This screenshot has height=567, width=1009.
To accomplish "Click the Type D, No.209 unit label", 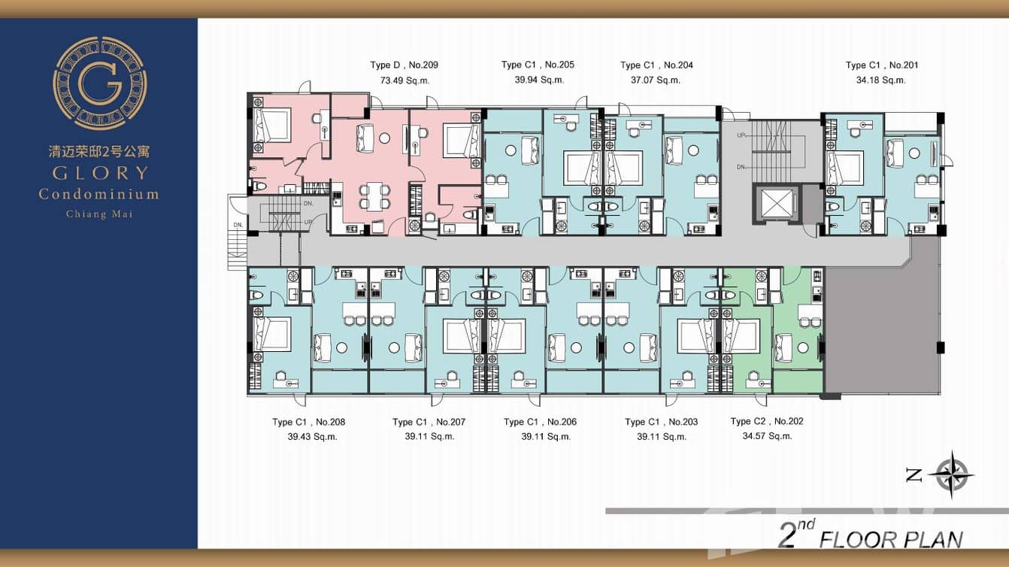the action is [x=404, y=65].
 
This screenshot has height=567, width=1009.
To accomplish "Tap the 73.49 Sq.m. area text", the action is [x=405, y=80].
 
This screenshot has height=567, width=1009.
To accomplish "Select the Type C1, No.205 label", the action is [x=538, y=65].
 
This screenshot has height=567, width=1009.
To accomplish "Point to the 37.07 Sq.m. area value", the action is [x=656, y=80].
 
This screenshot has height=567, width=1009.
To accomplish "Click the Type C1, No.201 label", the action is [x=882, y=65].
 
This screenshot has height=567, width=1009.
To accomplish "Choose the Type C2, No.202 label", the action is [x=767, y=421].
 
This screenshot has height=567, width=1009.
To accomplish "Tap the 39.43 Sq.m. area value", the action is [x=312, y=436].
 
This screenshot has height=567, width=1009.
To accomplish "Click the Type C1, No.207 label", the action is [x=429, y=422].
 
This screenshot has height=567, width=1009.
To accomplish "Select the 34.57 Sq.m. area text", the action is [x=767, y=436].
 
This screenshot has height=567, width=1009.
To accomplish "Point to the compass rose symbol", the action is [x=951, y=475].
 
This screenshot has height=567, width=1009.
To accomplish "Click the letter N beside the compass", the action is [x=914, y=475].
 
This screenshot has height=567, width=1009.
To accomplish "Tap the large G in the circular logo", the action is [x=100, y=83].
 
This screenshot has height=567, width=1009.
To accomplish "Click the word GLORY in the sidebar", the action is [x=99, y=173].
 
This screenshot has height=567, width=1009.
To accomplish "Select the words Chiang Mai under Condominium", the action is [x=99, y=214].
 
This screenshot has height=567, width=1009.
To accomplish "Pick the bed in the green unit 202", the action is [x=741, y=335].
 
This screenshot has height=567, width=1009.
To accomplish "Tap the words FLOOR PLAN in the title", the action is [x=890, y=539].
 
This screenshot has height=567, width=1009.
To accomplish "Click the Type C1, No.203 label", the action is [x=661, y=422].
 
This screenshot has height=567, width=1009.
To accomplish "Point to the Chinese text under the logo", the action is [x=99, y=151].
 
